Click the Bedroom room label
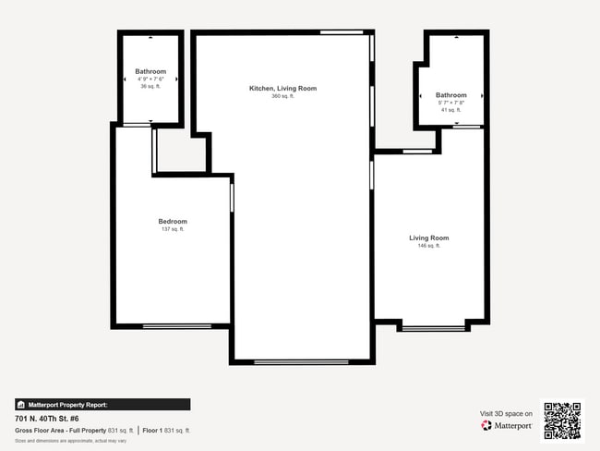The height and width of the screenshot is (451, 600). coord(173,222)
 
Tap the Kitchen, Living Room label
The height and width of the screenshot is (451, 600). coord(282,89)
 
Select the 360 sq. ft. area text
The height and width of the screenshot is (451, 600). coord(282,96)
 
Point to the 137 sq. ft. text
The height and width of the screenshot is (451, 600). coord(173,229)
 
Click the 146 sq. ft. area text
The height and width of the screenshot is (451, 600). coord(429,246)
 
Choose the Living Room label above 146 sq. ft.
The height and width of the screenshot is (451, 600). coord(429,238)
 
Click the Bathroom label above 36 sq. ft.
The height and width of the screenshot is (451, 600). coord(150,72)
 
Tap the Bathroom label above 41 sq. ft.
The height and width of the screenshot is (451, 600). coord(451,95)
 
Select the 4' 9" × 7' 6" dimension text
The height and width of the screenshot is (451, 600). coord(150,79)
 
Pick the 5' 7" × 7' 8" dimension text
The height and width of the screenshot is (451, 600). coord(451,103)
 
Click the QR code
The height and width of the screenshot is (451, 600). coord(562,421)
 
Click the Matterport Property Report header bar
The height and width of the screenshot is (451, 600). coord(102,405)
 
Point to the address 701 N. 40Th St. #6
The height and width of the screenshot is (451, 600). coord(52,419)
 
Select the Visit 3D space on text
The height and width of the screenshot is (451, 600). coord(506,413)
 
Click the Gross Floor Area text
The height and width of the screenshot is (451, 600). coord(74,431)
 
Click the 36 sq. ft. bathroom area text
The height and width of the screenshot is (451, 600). coord(150,87)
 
